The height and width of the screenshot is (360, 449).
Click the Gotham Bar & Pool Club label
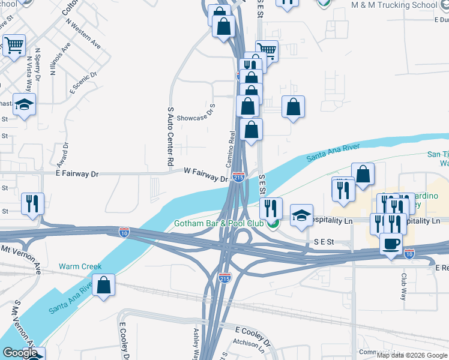pos(219,224)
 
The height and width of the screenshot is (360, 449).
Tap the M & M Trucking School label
pos(394,5)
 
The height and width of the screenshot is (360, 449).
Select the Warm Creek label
pos(80,266)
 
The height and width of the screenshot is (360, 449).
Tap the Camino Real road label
pos(229,150)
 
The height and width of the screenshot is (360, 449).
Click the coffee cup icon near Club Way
pos(391,244)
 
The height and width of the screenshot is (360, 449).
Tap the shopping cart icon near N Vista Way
pos(14,44)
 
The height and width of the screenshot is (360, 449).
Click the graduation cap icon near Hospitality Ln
pos(301,215)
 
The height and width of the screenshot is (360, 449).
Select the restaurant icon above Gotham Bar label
pos(272,208)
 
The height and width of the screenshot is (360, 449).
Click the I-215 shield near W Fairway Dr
pos(238,178)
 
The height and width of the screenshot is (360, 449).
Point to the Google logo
pos(20,353)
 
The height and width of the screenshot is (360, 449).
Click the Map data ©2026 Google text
pos(412,355)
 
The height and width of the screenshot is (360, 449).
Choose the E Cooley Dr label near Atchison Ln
pos(253,331)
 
